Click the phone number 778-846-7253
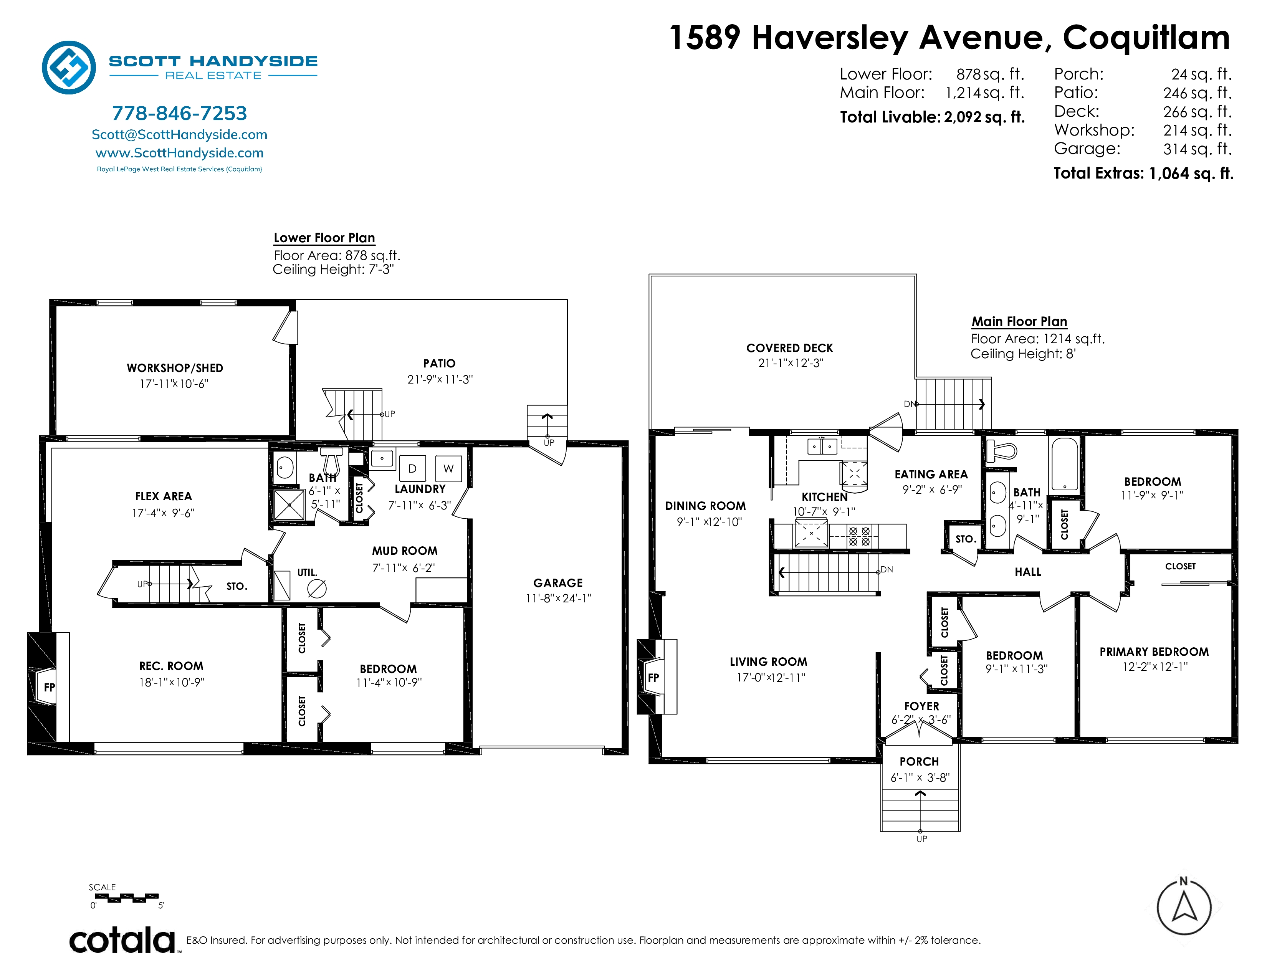pos(179,113)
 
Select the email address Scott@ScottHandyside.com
pos(179,134)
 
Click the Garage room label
pos(558,583)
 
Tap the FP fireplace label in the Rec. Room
pos(49,687)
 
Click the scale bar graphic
pos(124,898)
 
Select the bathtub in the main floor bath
pos(1065,464)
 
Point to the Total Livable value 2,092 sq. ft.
pos(984,117)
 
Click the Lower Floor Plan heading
pos(324,238)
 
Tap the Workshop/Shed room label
pos(175,368)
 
